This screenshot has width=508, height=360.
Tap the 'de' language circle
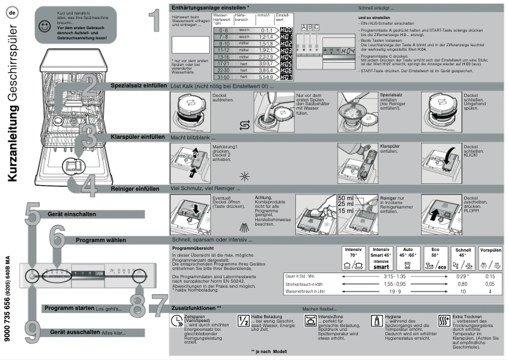[x=12, y=11]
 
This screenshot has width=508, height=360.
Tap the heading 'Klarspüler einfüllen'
[x=137, y=137]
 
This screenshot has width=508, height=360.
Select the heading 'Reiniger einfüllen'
[x=135, y=189]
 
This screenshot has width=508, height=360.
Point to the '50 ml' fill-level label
[x=346, y=198]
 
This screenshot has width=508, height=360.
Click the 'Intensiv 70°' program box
[x=353, y=259]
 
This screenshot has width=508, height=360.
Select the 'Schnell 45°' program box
[x=463, y=259]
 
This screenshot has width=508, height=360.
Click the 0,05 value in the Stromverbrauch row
[x=490, y=285]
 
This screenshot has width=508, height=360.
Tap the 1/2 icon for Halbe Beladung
[x=243, y=321]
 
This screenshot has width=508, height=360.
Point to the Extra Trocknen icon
[x=443, y=321]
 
